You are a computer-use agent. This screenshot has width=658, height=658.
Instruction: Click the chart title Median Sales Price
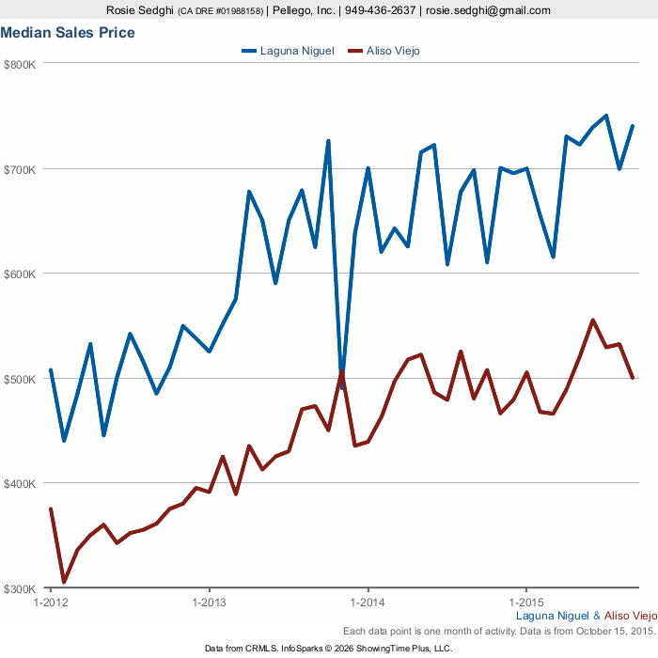coord(68,33)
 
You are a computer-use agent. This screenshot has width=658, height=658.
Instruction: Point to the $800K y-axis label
coord(20,65)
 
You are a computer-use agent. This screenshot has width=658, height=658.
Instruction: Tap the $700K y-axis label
coord(20,169)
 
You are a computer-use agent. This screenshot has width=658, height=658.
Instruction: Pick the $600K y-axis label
coord(20,274)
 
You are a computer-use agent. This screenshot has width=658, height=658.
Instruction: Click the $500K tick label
coord(20,379)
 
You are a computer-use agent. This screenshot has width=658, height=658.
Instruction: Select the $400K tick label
coord(20,484)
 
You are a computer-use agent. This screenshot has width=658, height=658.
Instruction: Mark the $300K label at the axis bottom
coord(20,588)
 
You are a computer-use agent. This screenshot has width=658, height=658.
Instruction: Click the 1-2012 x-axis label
coord(50,602)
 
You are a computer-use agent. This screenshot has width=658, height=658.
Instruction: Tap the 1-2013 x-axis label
coord(209,602)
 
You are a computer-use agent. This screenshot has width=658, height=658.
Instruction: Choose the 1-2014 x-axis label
coord(368,602)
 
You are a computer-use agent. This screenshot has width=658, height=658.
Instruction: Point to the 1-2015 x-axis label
coord(526,602)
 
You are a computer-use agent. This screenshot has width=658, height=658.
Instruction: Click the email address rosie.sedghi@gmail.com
coord(488,10)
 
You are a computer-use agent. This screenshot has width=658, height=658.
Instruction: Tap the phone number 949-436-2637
coord(380,10)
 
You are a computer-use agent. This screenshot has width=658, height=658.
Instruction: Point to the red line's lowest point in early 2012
coord(64,582)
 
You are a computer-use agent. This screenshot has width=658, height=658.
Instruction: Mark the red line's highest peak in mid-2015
coord(592,320)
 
